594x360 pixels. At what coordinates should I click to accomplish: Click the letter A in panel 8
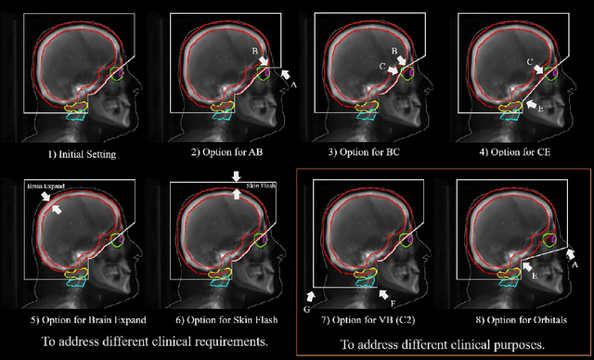(x=575, y=264)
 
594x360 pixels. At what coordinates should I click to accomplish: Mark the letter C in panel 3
(x=381, y=66)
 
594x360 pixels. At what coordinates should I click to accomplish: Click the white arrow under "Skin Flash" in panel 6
(x=236, y=176)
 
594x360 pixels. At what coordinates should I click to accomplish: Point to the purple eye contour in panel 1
(x=118, y=71)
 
